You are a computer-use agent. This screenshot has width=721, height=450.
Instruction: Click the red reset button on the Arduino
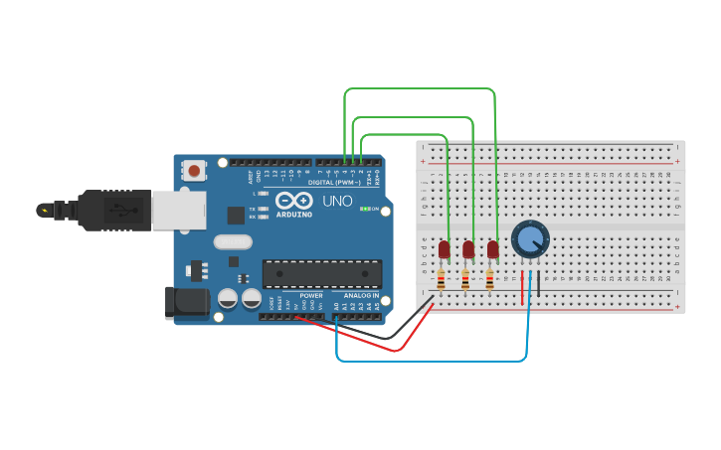click(x=194, y=172)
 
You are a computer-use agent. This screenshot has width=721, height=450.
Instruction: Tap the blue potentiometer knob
click(x=530, y=239)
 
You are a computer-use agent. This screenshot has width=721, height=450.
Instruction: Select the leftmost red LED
click(x=444, y=248)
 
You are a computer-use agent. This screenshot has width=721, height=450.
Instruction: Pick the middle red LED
click(x=468, y=248)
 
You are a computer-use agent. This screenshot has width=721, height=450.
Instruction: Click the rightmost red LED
click(x=492, y=248)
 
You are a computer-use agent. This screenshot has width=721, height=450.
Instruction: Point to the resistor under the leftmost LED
click(x=442, y=281)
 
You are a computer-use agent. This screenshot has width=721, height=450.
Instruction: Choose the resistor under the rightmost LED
click(x=490, y=281)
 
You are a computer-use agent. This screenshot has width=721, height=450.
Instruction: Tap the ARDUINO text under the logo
click(x=294, y=215)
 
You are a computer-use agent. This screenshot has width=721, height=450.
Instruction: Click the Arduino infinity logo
click(x=294, y=201)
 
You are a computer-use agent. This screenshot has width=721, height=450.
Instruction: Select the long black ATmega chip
click(x=321, y=273)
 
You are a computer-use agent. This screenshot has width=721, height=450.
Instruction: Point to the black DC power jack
click(x=187, y=303)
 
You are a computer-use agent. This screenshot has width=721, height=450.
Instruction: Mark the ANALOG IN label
click(x=361, y=296)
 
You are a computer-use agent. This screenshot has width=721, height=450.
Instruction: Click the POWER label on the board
click(x=311, y=296)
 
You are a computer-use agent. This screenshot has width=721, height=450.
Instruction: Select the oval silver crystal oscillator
click(x=233, y=241)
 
